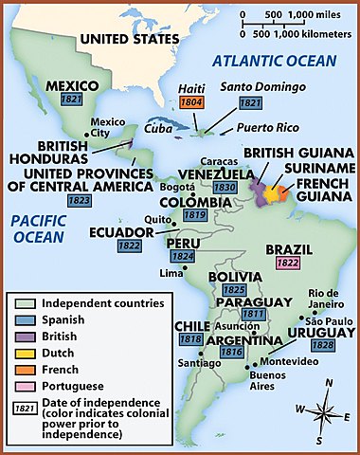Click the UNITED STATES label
point(129,40)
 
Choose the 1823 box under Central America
point(53,201)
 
